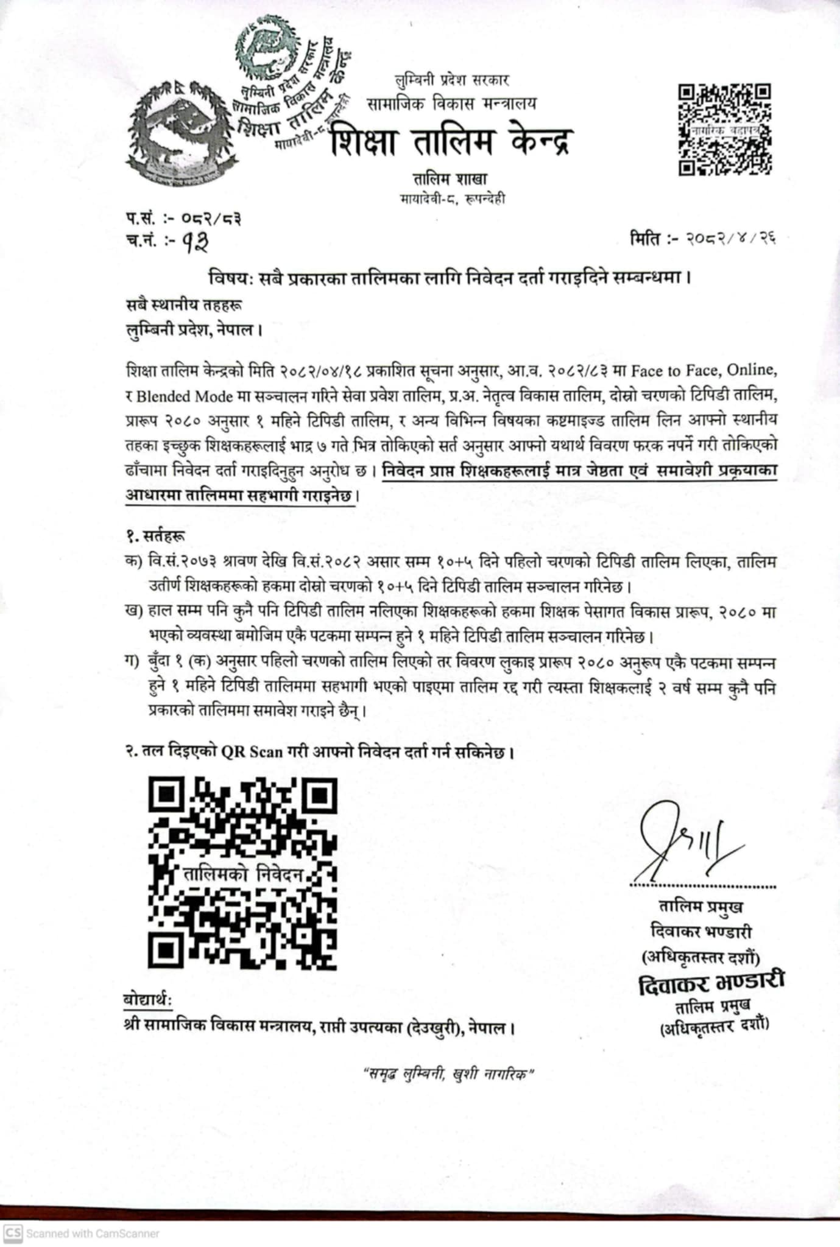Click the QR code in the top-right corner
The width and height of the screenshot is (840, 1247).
(725, 130)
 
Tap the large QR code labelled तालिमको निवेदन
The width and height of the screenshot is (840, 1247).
(242, 873)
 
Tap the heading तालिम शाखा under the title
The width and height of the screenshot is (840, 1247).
(450, 180)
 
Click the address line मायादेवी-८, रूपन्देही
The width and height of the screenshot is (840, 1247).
(452, 198)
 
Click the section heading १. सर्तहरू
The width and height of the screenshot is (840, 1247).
(155, 536)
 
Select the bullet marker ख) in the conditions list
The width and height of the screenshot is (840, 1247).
(133, 611)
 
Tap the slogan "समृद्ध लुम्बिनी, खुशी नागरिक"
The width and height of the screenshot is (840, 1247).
(448, 1074)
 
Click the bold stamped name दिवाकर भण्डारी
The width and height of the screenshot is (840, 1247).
(711, 982)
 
